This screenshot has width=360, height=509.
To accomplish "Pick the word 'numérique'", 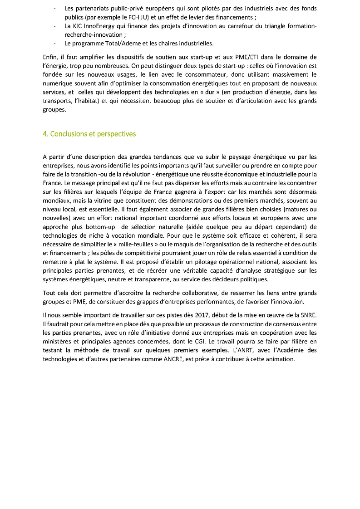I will [58, 83].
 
